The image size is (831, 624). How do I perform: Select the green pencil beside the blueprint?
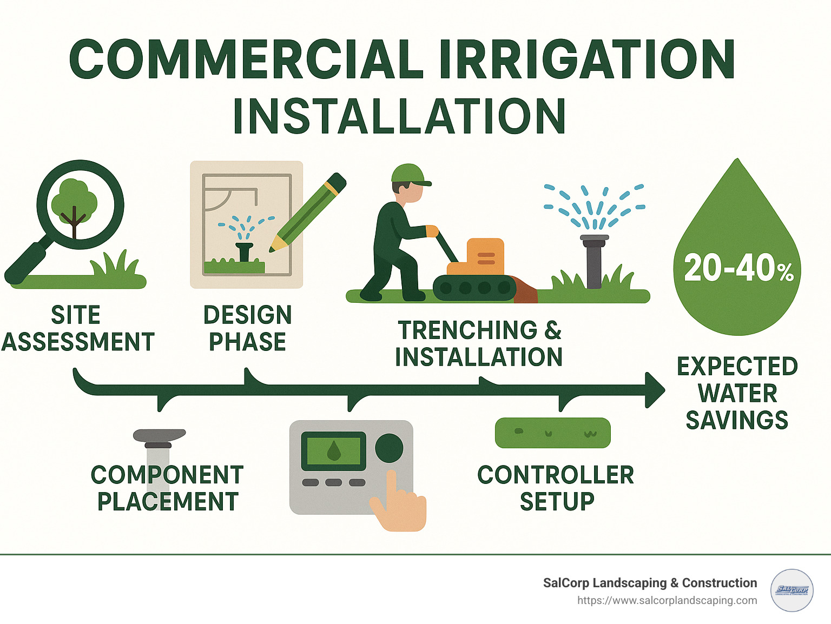pos(308,212)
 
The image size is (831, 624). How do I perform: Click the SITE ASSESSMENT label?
pos(78,328)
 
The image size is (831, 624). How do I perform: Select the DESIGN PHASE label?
pos(248,328)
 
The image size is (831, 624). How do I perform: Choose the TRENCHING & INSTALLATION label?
pos(479,343)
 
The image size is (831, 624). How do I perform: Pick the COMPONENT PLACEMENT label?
pos(167,488)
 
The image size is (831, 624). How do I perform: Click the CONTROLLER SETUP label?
pos(556,488)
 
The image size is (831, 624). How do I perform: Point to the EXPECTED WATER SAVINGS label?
pos(737,393)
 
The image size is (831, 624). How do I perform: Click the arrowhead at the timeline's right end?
pos(655,389)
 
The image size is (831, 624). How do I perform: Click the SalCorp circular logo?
pos(792,590)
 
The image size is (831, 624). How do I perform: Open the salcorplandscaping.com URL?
pos(667,601)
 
